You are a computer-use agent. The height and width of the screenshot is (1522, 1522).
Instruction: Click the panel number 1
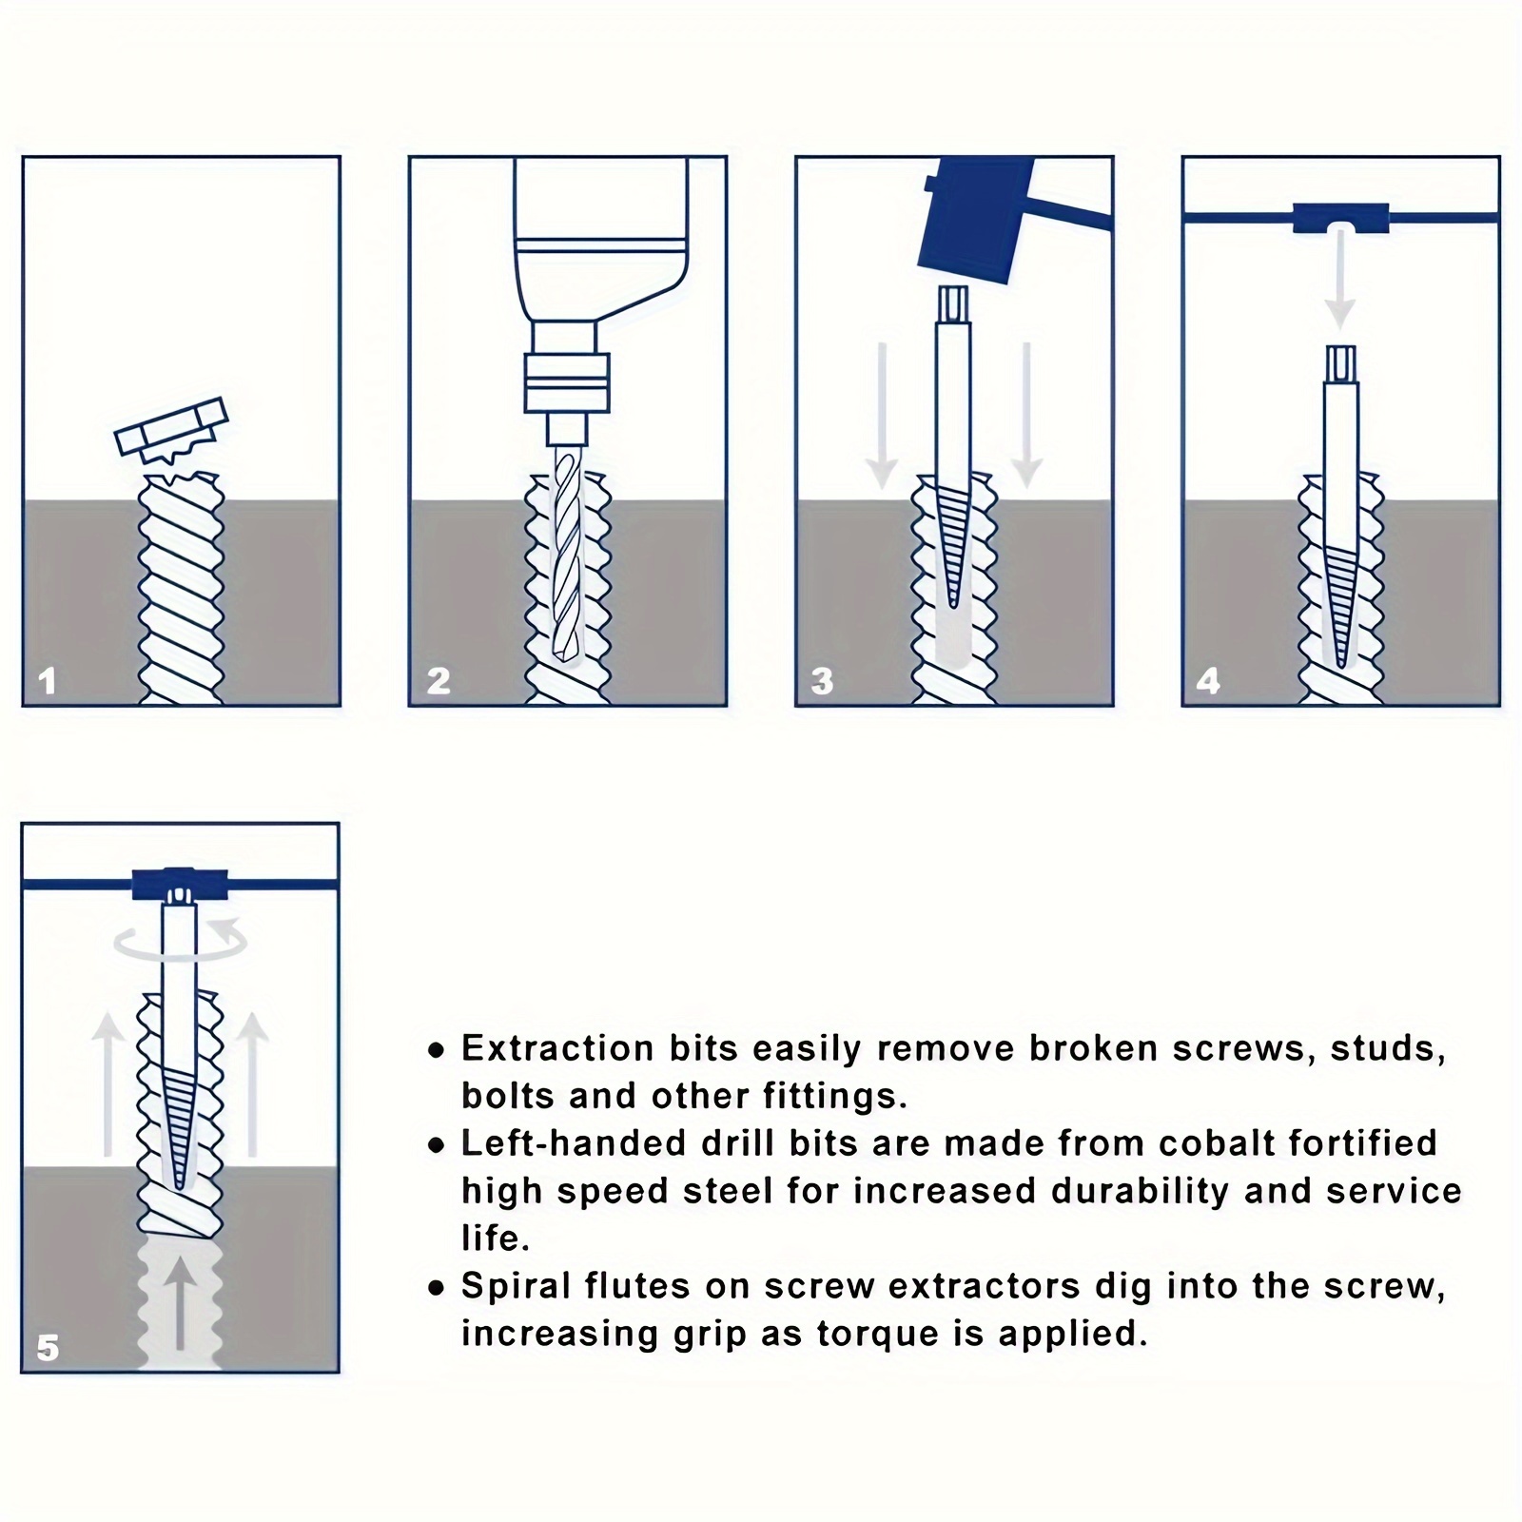tap(47, 681)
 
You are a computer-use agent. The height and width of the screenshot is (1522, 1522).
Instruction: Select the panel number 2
tap(438, 681)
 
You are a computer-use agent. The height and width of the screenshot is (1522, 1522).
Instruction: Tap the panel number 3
tap(823, 681)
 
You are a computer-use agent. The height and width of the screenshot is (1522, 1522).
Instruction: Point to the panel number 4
tap(1208, 681)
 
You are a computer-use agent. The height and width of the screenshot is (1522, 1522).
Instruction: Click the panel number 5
tap(48, 1348)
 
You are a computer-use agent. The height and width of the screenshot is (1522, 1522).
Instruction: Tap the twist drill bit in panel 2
tap(566, 552)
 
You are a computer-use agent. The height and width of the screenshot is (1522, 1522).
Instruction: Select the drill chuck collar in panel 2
tap(566, 382)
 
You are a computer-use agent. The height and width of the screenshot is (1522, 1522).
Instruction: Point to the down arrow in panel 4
tap(1340, 276)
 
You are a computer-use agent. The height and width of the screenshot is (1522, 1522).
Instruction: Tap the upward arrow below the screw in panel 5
tap(181, 1303)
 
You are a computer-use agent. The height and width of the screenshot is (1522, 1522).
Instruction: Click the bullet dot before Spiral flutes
tap(436, 1289)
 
